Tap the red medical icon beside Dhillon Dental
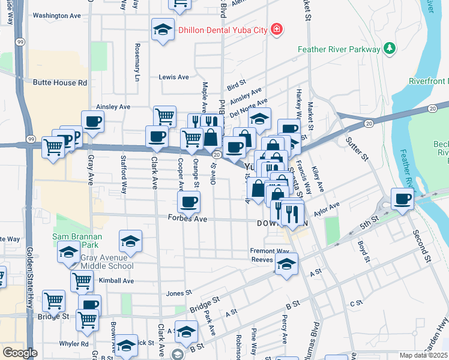tap(277, 29)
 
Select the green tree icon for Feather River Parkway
tap(389, 49)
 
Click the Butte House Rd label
tap(61, 83)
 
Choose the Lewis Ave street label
tap(173, 77)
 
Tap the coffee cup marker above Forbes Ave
tap(188, 202)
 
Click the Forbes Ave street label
tap(187, 220)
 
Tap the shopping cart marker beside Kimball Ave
tap(82, 280)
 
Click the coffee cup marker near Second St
tap(402, 199)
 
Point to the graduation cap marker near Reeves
tap(286, 264)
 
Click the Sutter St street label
tap(356, 149)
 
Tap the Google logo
tap(20, 353)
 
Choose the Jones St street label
tap(178, 293)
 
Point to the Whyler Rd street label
tap(73, 344)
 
